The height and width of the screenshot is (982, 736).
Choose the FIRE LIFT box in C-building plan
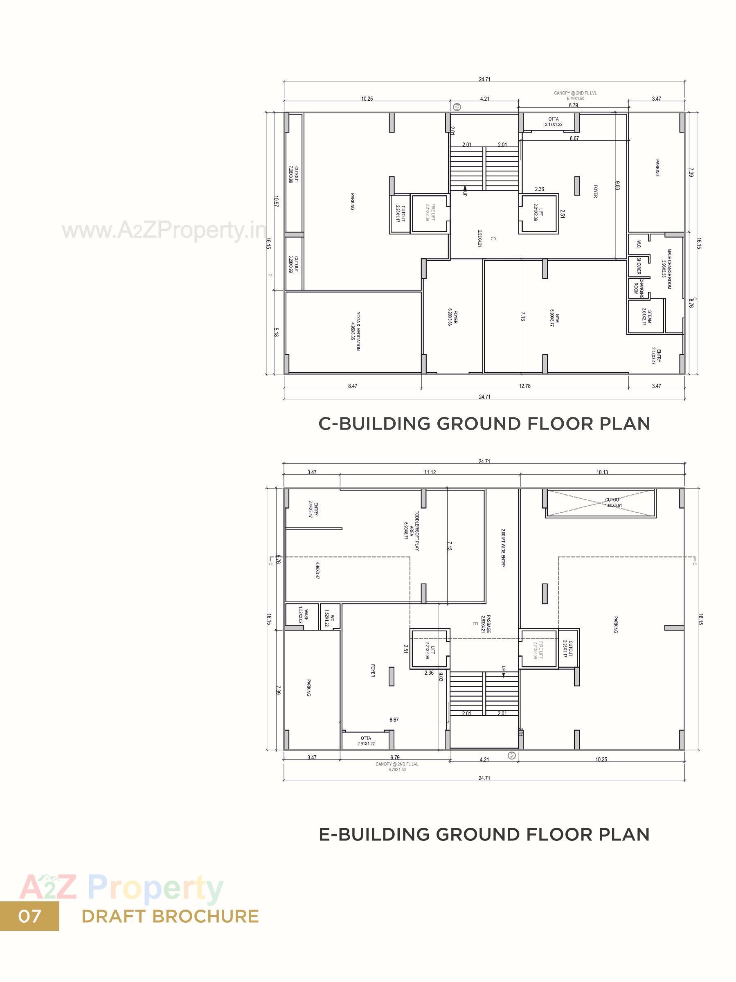coord(430,213)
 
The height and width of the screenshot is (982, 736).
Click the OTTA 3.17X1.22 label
coord(554,122)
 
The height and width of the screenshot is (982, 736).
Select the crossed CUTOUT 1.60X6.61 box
coord(600,503)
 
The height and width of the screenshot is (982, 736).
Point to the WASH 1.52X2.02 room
coord(303,616)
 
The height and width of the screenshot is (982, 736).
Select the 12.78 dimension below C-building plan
coord(524,386)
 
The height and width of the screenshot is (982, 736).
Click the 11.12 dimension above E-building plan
coord(430,472)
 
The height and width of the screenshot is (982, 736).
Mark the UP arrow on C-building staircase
coord(465,191)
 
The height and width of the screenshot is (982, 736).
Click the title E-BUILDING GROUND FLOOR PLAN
coord(484,834)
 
